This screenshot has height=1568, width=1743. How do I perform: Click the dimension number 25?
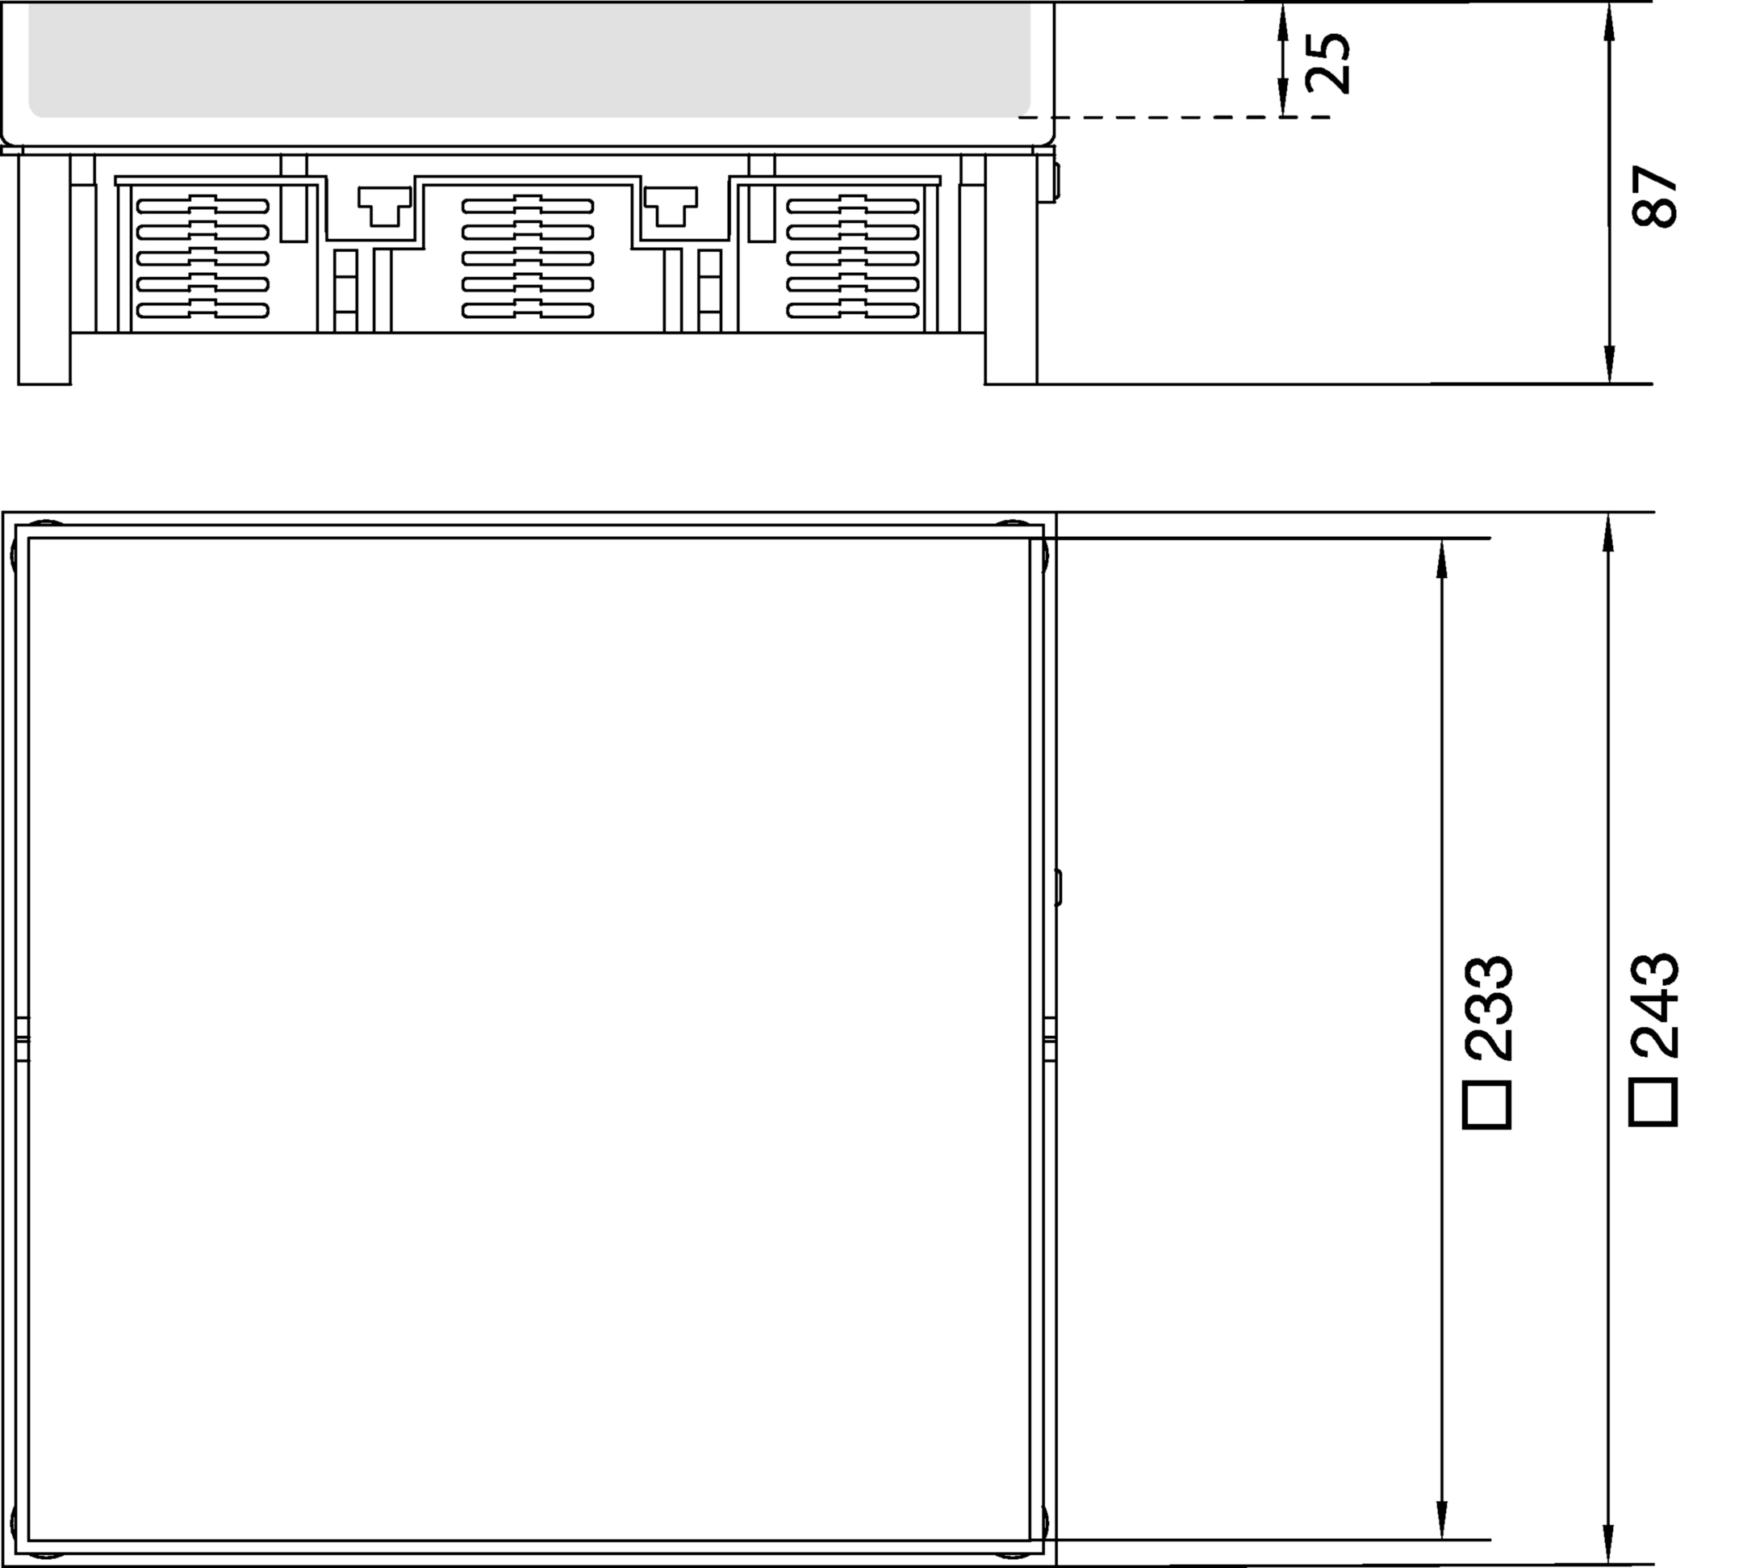(x=1327, y=63)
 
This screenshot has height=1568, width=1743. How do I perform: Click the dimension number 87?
(x=1654, y=196)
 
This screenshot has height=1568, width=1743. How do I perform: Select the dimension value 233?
(x=1488, y=1007)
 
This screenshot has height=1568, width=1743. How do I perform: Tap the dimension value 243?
(x=1654, y=1005)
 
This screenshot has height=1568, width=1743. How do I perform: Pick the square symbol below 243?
(x=1653, y=1103)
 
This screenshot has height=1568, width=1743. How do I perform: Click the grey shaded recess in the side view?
(x=529, y=59)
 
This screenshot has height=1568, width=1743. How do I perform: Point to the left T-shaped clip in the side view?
(x=384, y=206)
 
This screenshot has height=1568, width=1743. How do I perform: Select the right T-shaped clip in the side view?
(x=671, y=206)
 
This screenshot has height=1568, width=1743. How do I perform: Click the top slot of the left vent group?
(x=203, y=205)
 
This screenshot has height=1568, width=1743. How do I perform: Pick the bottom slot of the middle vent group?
(x=528, y=310)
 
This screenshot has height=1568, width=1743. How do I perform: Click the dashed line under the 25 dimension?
(x=1175, y=116)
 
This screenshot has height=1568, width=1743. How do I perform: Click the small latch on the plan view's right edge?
(x=1059, y=887)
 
